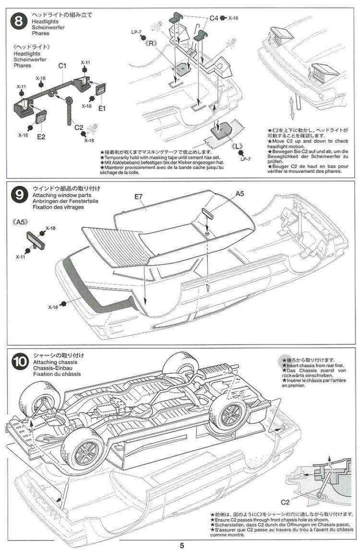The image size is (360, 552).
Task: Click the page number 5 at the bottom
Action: point(182,545)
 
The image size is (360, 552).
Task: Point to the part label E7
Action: point(139,196)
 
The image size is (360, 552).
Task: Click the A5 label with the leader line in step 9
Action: point(240,194)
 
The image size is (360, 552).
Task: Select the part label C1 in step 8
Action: point(62,65)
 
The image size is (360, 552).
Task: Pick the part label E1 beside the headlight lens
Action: point(102,109)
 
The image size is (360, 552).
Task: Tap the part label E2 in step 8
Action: point(41,137)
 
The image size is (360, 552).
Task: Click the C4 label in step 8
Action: point(214,18)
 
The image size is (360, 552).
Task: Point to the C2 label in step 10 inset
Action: point(285,503)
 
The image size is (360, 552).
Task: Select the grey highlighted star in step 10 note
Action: point(285,360)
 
